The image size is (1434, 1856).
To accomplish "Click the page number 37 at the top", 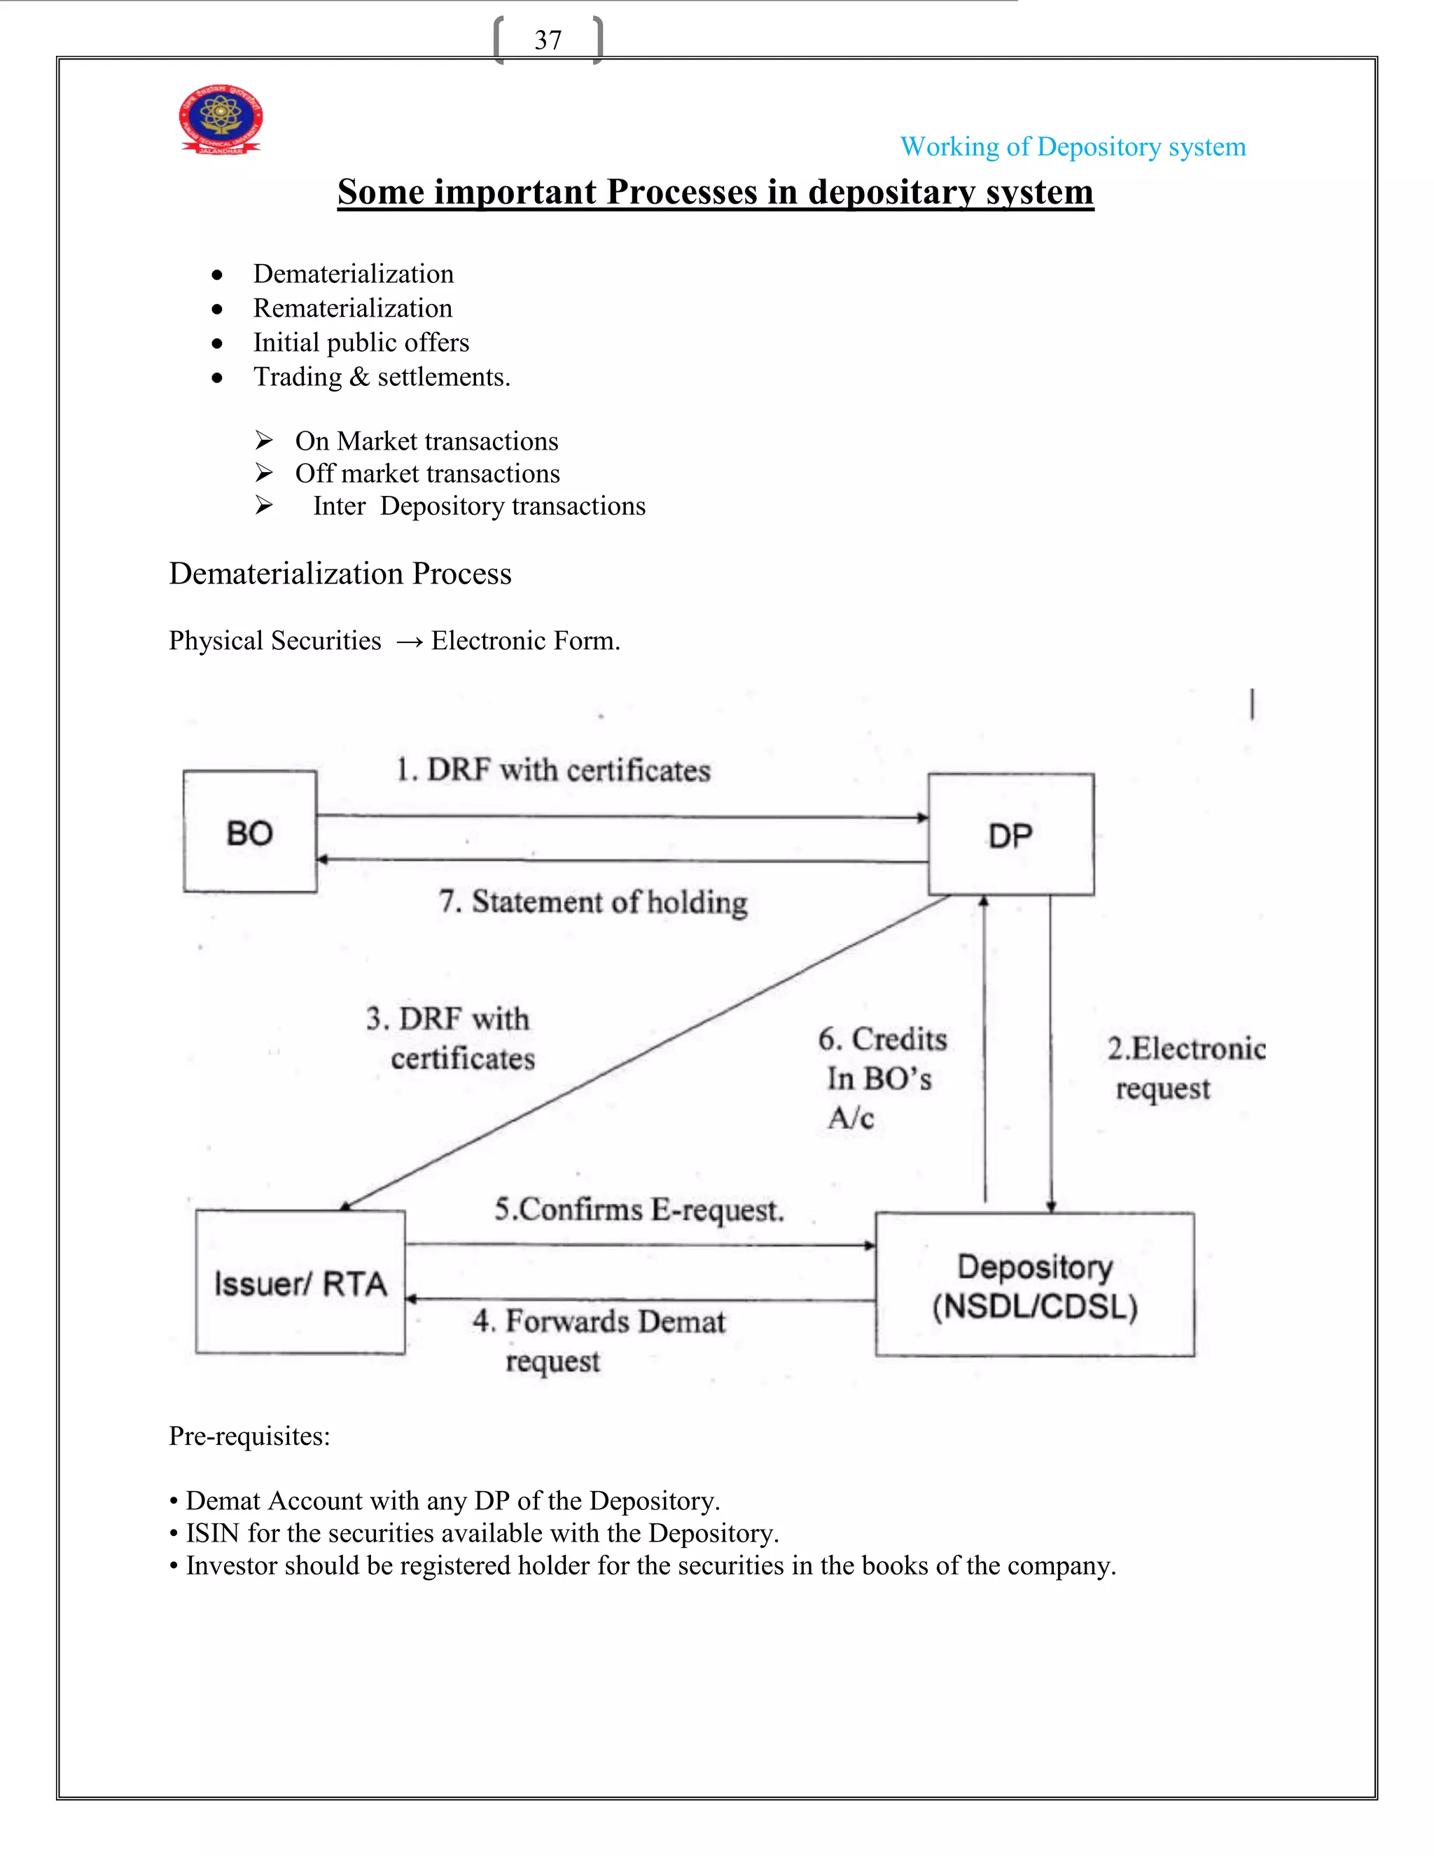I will pyautogui.click(x=548, y=40).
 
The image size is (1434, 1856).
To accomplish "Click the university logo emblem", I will pyautogui.click(x=221, y=119).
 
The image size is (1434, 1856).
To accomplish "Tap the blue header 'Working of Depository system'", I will pyautogui.click(x=1073, y=147).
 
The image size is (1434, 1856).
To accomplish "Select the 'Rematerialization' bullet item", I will pyautogui.click(x=353, y=307).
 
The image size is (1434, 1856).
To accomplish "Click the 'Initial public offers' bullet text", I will pyautogui.click(x=361, y=342).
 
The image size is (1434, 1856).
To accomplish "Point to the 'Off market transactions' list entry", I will pyautogui.click(x=427, y=473).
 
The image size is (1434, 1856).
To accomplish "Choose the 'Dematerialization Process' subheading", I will pyautogui.click(x=340, y=574).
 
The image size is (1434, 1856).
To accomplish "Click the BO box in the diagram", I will pyautogui.click(x=250, y=832).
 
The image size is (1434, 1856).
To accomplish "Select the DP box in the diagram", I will pyautogui.click(x=1011, y=835).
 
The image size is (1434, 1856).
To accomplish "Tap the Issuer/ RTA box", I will pyautogui.click(x=300, y=1282).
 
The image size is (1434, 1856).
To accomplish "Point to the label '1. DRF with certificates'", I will pyautogui.click(x=553, y=770).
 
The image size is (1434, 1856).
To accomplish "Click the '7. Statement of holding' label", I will pyautogui.click(x=593, y=901).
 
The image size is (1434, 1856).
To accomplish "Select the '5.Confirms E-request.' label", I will pyautogui.click(x=639, y=1210).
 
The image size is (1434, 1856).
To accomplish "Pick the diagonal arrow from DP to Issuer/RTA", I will pyautogui.click(x=646, y=1052).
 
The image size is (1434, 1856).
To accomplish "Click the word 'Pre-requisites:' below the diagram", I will pyautogui.click(x=249, y=1436).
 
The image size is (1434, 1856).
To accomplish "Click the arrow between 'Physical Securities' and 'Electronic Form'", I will pyautogui.click(x=409, y=642).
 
